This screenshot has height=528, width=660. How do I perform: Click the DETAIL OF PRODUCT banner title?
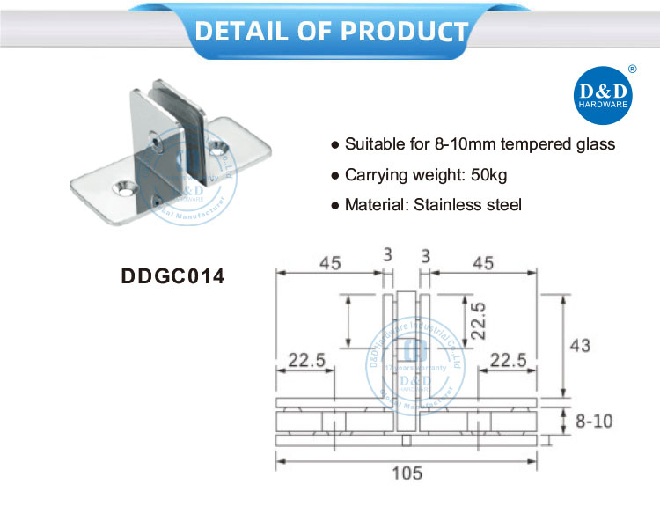(330, 31)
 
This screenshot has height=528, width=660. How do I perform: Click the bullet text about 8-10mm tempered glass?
(480, 144)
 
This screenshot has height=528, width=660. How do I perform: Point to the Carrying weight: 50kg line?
(426, 175)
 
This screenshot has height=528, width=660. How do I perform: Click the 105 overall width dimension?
(406, 473)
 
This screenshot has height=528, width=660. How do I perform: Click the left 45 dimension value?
(330, 262)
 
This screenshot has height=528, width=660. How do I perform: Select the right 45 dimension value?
(484, 262)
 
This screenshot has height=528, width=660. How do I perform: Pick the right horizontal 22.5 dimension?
(509, 359)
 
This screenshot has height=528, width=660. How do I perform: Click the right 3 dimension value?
(426, 256)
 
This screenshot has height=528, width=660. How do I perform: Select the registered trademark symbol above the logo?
(631, 68)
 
